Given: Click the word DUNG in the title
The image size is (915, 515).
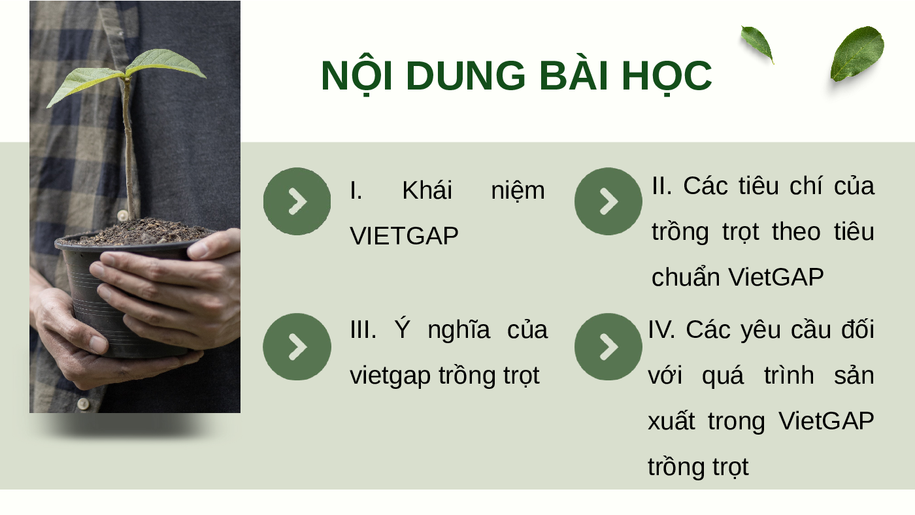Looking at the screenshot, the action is (465, 76).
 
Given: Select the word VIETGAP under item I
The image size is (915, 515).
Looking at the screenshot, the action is (404, 236).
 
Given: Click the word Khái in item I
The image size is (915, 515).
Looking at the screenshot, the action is (427, 190).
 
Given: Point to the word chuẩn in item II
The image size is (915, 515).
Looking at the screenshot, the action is (684, 276).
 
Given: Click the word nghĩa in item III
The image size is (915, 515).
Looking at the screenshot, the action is (458, 330).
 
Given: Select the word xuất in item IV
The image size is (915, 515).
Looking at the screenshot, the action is (671, 421).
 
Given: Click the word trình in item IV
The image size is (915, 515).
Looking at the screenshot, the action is (789, 374).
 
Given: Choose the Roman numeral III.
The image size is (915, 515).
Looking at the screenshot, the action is (363, 329).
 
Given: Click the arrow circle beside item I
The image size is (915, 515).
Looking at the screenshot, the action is (297, 201).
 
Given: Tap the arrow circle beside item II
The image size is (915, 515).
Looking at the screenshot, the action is (608, 201).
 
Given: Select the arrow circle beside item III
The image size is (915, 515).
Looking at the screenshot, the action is (297, 347).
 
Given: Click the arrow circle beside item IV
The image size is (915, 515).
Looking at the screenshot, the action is (608, 347).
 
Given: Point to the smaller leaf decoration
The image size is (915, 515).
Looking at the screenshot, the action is (757, 44).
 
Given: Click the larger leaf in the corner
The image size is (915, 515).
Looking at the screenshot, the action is (857, 54).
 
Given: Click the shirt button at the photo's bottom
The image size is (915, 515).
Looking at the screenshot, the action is (84, 404).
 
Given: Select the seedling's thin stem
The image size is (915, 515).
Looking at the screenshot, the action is (129, 147).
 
